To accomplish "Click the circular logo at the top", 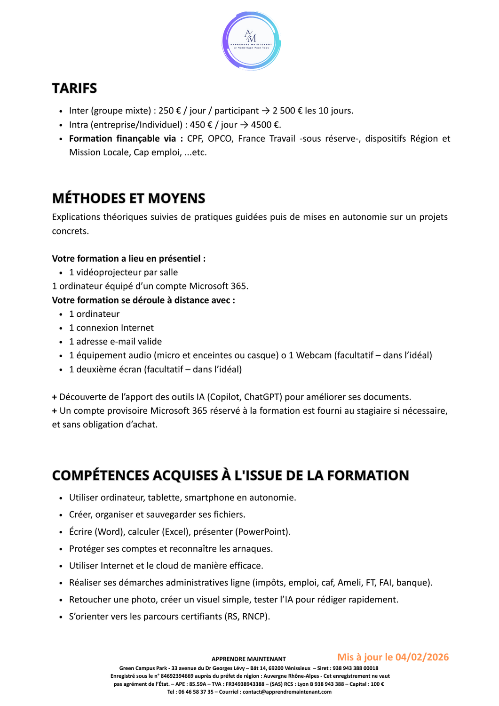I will click(x=251, y=41).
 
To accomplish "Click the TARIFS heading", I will click(x=74, y=88).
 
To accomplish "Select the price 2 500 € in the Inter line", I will click(x=287, y=111).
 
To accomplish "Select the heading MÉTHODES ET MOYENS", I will click(x=128, y=198).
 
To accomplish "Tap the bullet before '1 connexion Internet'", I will click(x=61, y=328).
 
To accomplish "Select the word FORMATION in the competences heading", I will click(x=368, y=475).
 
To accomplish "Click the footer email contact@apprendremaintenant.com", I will click(x=287, y=692).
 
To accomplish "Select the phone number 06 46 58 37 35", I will click(x=196, y=692).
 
